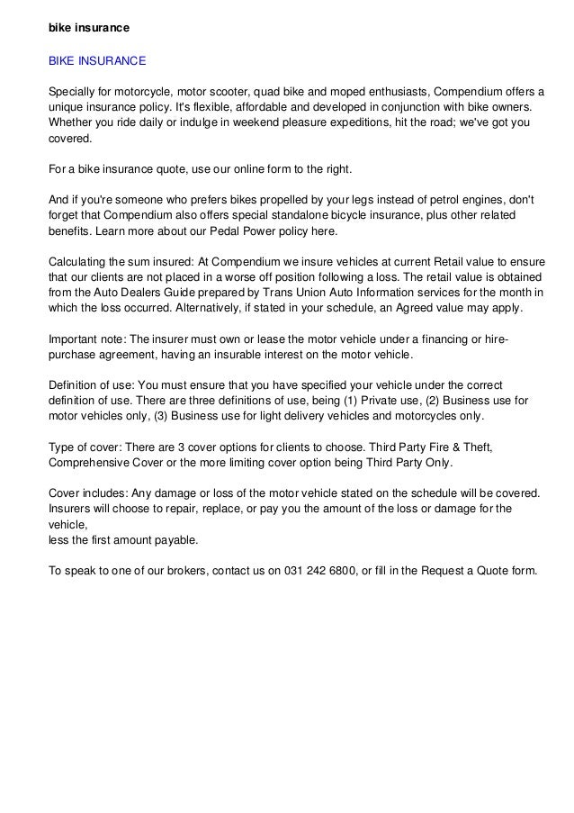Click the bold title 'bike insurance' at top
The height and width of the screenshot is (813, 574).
tap(89, 28)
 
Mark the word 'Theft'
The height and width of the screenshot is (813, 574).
tap(473, 447)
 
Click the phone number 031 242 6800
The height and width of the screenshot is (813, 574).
tap(314, 571)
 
